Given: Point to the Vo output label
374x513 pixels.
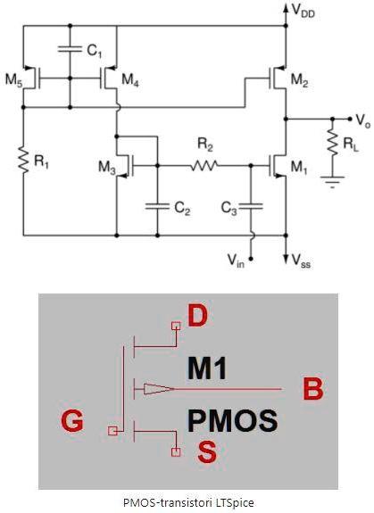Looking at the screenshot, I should tap(360, 118).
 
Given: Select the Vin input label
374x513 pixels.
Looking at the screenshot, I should tap(235, 260).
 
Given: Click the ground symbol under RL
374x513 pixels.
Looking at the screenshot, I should tap(332, 181).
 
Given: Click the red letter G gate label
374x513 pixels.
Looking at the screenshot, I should tap(73, 420).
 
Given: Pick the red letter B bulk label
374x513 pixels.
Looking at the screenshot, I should tap(312, 389).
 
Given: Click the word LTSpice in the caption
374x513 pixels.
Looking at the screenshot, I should tap(232, 502).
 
